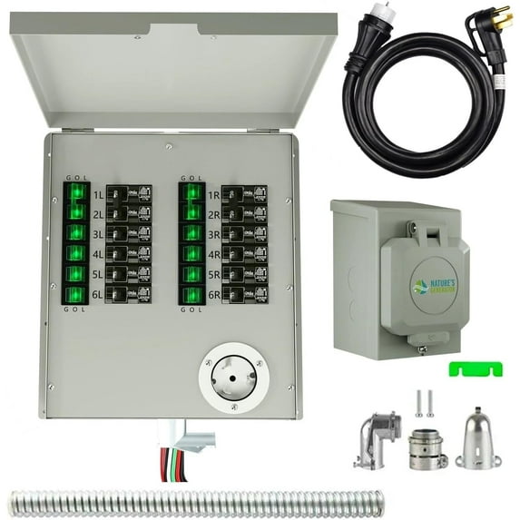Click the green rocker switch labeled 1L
tap(76, 193)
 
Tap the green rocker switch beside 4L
tap(76, 253)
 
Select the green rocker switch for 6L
tap(76, 295)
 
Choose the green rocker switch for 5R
tap(191, 274)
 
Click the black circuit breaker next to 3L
tap(122, 233)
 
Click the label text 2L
tap(97, 213)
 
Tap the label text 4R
tap(213, 254)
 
